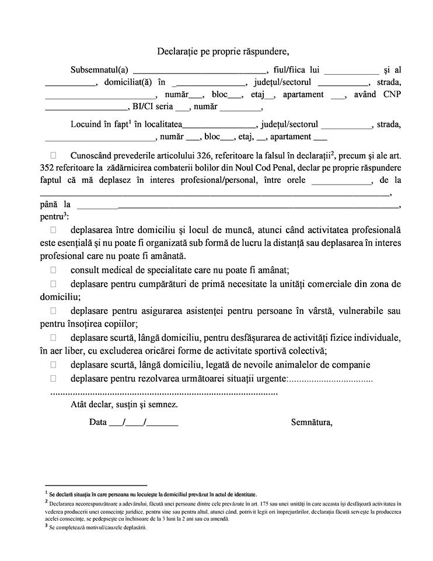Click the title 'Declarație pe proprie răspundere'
223,51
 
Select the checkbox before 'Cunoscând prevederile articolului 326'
54,155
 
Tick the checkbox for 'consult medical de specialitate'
54,270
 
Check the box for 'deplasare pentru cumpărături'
54,284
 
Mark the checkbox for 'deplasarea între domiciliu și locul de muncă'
54,230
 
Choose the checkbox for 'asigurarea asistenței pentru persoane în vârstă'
54,311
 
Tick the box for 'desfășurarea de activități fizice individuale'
54,338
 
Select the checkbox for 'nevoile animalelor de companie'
54,365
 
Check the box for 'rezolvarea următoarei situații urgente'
54,379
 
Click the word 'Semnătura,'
312,422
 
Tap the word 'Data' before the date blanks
98,422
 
